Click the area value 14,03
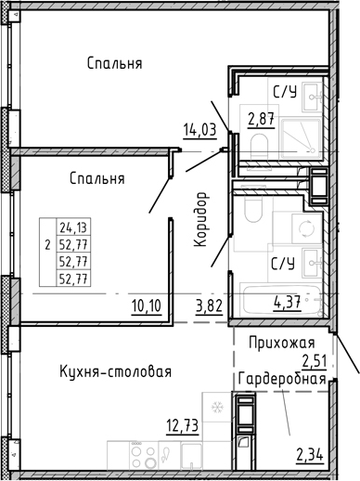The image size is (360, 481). click(199, 130)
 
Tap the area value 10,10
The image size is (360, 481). click(147, 306)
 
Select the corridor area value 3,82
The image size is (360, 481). click(209, 306)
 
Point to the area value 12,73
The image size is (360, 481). click(182, 425)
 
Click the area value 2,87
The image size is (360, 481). click(261, 120)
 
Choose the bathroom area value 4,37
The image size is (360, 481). click(287, 303)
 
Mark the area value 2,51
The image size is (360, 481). click(315, 362)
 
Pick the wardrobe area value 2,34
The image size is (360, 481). click(310, 455)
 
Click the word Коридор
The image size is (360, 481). click(200, 219)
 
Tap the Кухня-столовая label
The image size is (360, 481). click(115, 371)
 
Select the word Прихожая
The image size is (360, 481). click(282, 343)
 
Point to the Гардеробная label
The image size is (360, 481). click(282, 379)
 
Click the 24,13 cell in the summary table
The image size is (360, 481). click(73, 227)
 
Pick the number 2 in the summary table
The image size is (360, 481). click(47, 246)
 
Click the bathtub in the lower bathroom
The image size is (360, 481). click(282, 301)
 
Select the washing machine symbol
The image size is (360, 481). click(306, 228)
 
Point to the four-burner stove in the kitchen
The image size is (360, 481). click(143, 455)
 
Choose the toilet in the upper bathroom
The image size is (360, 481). click(259, 147)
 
